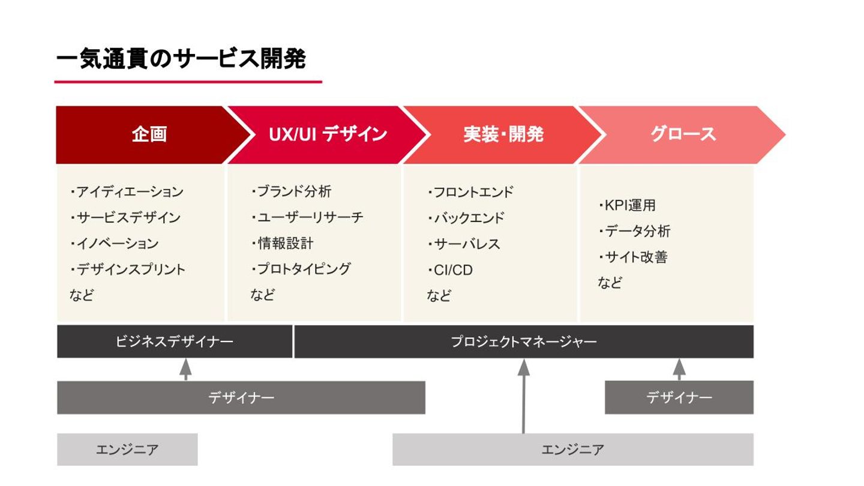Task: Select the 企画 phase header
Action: [x=149, y=134]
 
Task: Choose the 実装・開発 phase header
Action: [x=503, y=134]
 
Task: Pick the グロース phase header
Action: [x=683, y=134]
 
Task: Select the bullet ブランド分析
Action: [x=291, y=192]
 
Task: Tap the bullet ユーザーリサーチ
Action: [x=307, y=218]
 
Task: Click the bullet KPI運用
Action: [x=627, y=205]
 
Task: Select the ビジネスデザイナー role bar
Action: [x=175, y=342]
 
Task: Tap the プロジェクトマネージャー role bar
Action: [x=523, y=342]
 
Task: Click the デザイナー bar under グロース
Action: [x=679, y=397]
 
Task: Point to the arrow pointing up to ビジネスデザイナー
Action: [x=185, y=368]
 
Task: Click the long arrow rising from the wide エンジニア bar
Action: [x=523, y=396]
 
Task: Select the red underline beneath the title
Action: [x=188, y=82]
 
